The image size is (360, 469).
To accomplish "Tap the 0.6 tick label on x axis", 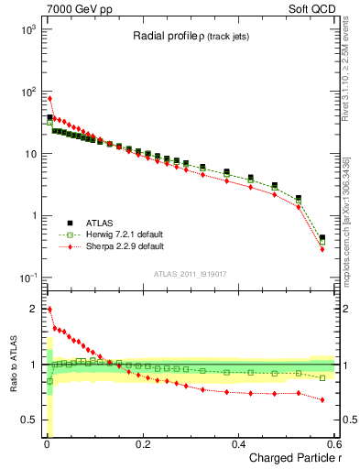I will coord(335,444).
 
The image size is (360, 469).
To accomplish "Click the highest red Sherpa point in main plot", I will coord(49,98).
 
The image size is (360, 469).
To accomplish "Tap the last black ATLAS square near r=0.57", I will coord(322,237).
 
